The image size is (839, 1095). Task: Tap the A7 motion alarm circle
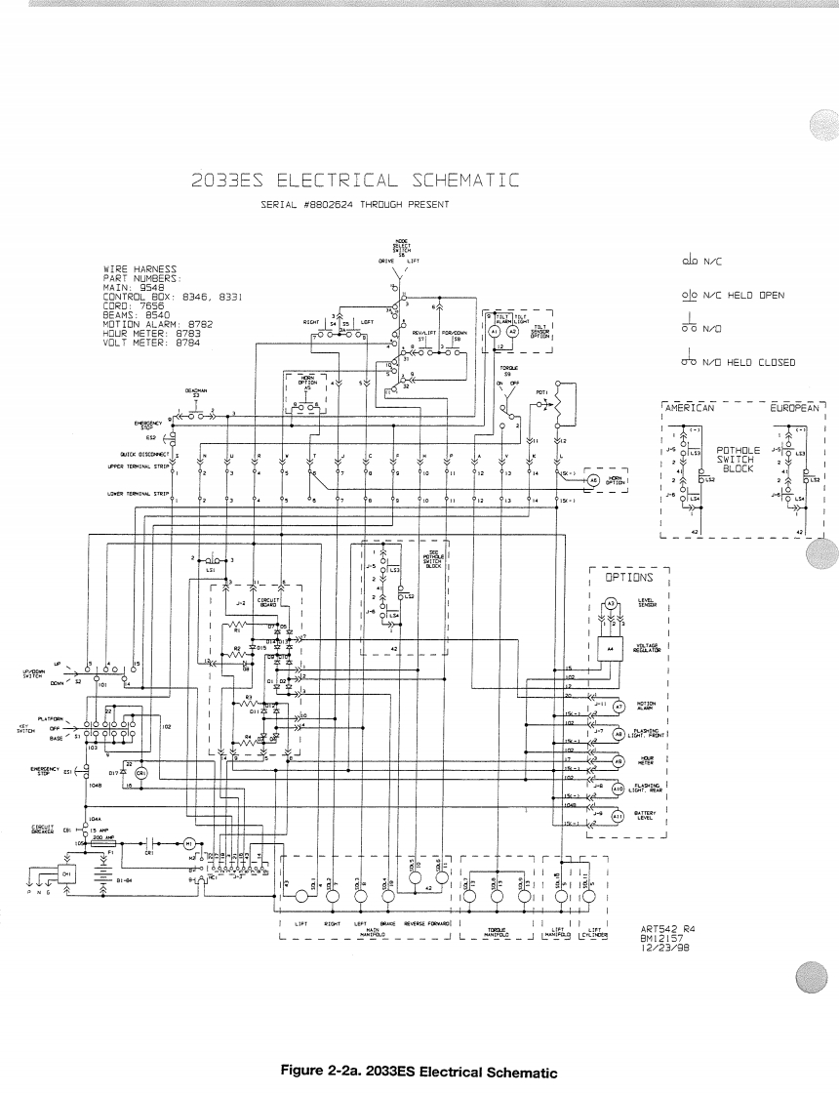[x=618, y=705]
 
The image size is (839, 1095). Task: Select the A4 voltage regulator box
[x=611, y=646]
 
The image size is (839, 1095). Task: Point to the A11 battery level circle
[x=617, y=815]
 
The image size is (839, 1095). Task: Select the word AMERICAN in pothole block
[x=690, y=407]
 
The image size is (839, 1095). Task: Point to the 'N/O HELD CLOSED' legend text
[x=751, y=362]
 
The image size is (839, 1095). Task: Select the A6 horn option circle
[x=591, y=479]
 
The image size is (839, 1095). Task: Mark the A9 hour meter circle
[x=617, y=760]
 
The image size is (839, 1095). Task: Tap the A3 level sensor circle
[x=611, y=605]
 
